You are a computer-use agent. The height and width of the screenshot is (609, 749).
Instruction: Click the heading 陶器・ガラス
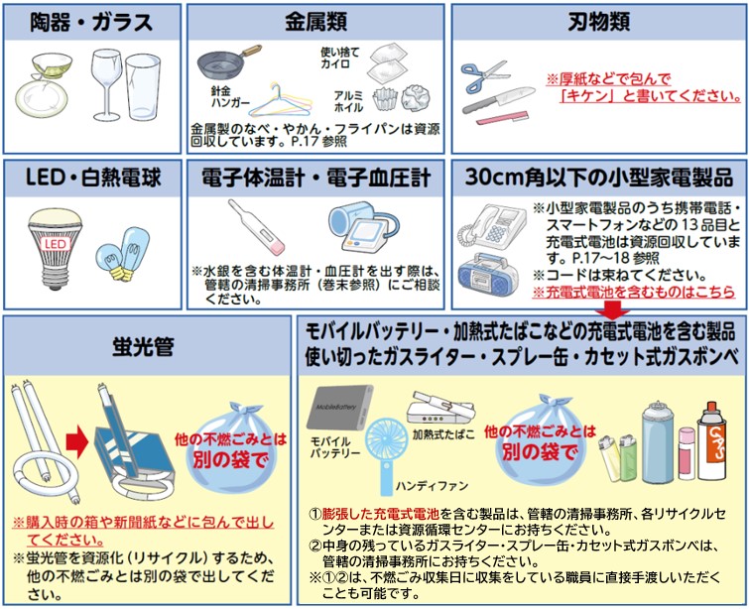point(91,21)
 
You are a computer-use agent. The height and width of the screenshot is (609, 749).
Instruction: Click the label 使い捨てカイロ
point(334,58)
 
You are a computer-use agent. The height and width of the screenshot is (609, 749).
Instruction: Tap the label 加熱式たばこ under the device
point(443,434)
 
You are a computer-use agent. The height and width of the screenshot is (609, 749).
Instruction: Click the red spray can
point(713,433)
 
